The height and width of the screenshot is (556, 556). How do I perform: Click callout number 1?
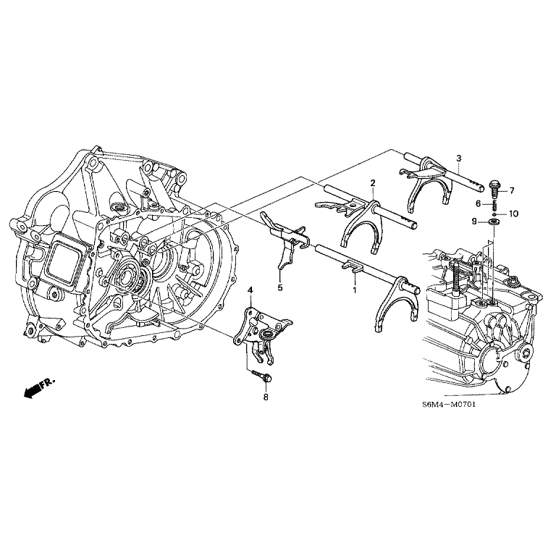click(355, 290)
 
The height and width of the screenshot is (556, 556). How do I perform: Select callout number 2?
click(372, 183)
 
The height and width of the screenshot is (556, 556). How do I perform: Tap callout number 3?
click(458, 158)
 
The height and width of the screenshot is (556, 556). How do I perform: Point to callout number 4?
click(250, 290)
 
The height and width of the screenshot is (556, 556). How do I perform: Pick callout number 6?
click(478, 204)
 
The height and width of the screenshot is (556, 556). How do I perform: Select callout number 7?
click(511, 190)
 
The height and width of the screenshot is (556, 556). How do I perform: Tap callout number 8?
click(266, 397)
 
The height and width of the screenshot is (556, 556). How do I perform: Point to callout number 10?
click(514, 214)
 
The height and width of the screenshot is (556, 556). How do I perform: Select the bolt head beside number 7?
click(494, 187)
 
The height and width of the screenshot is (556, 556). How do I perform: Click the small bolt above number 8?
click(262, 376)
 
